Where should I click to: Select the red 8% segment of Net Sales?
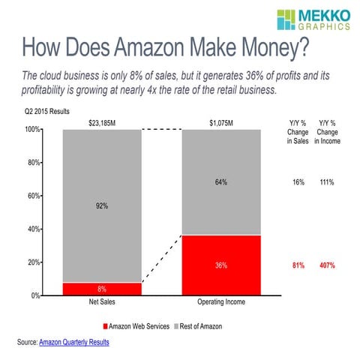102,289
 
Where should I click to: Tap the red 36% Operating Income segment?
221,265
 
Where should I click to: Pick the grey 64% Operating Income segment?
221,182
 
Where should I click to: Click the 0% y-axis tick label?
34,295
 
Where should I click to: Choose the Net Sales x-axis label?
102,304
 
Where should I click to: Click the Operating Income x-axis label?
221,304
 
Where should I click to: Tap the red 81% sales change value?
298,265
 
